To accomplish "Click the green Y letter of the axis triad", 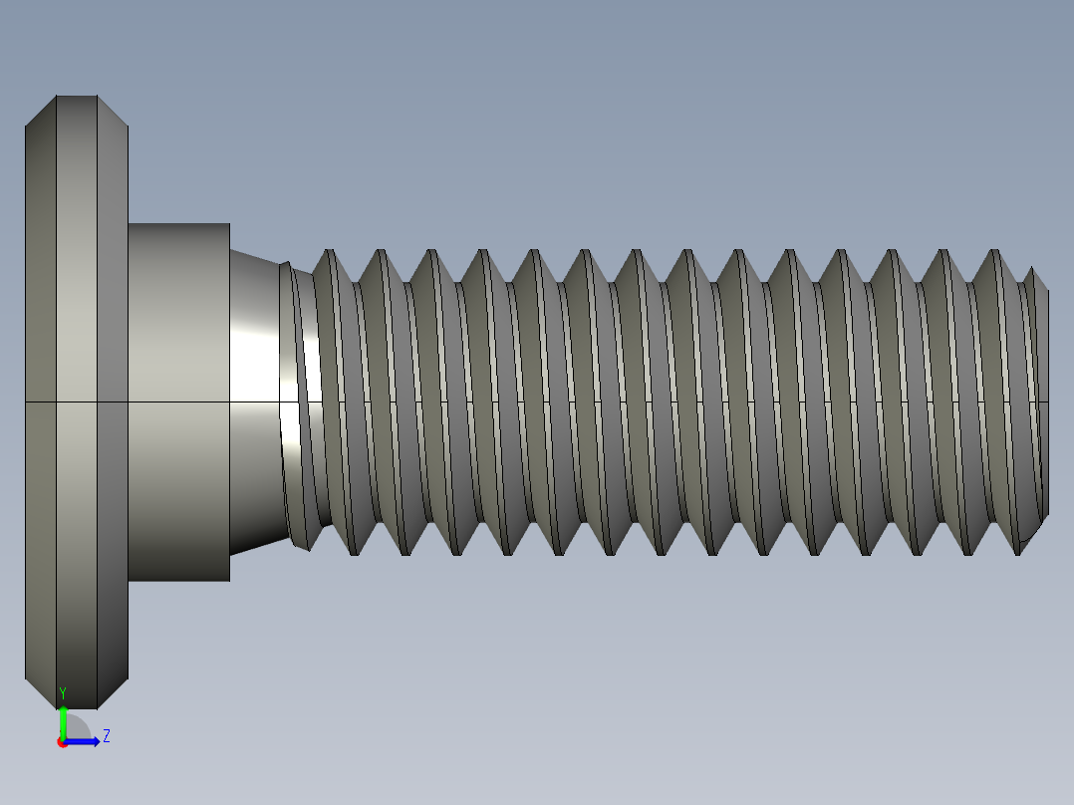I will [x=63, y=692].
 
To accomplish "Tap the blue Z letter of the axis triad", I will [x=106, y=736].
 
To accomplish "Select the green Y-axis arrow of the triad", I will [x=63, y=721].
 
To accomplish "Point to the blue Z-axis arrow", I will [x=85, y=741].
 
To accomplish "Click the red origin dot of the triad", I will [x=62, y=742].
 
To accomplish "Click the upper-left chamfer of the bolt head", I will [x=41, y=112].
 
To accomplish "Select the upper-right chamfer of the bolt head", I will [x=113, y=112].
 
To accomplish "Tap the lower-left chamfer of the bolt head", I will [x=41, y=693].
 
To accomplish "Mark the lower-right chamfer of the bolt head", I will [x=113, y=693].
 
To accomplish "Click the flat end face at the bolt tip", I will [x=1046, y=399].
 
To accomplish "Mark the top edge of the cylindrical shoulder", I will [x=179, y=224].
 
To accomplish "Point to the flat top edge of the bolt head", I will [x=77, y=97].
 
